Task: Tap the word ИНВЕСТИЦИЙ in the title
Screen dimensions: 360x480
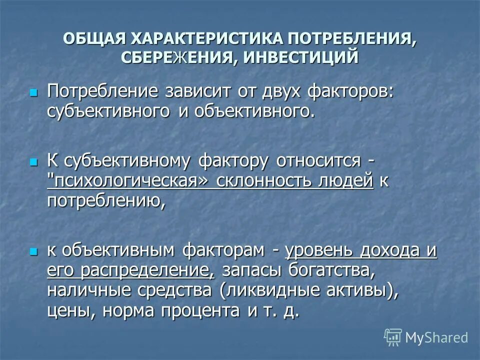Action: tap(301, 56)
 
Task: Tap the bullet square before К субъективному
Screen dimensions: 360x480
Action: tap(34, 162)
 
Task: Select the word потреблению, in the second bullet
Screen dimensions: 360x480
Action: tap(106, 201)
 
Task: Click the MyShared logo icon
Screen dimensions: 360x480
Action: tap(392, 337)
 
